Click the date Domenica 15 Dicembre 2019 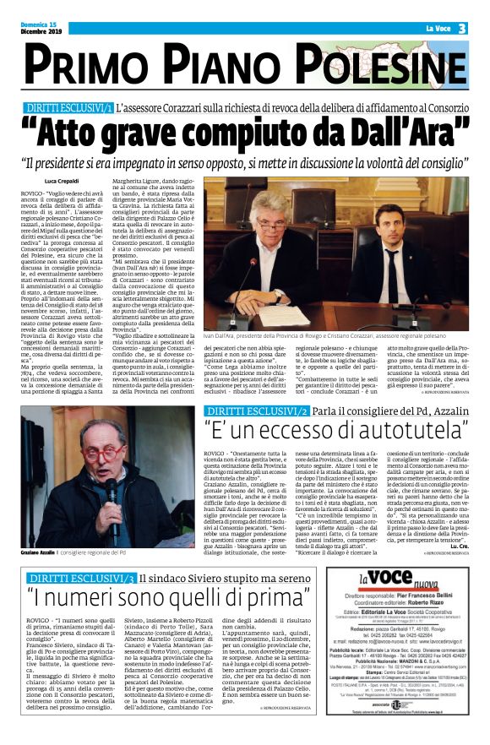41,29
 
